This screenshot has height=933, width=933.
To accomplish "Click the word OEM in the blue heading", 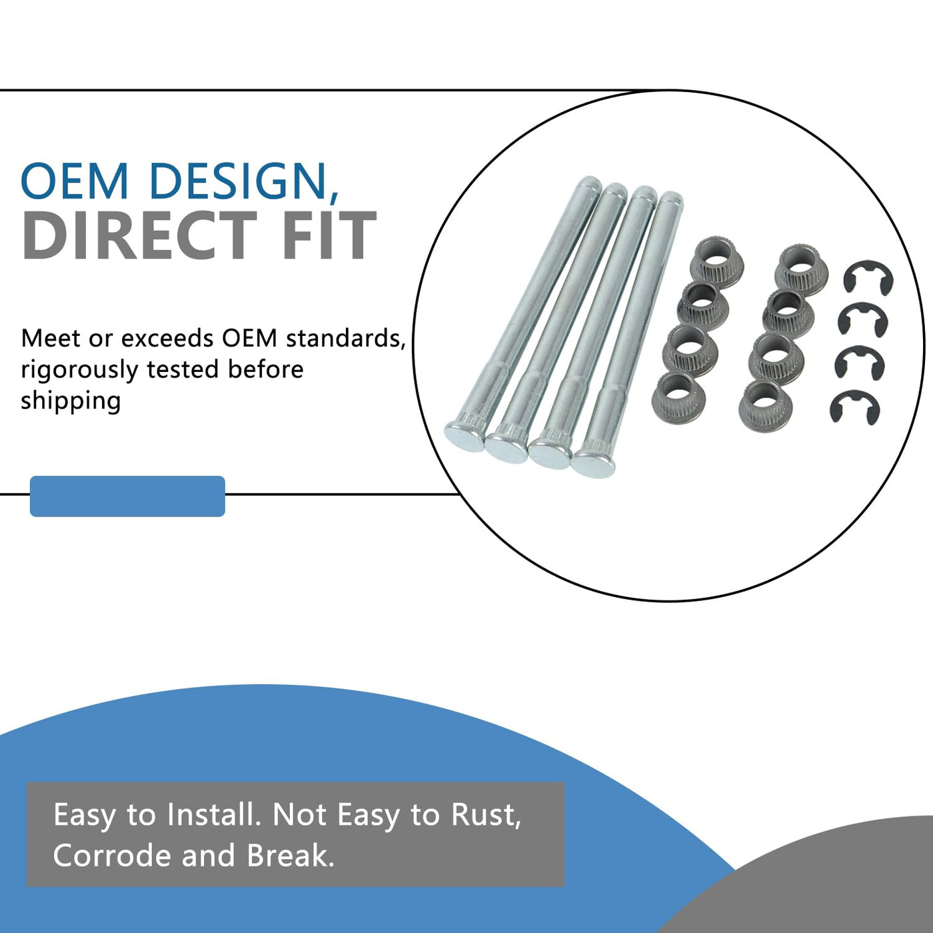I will coord(74,181).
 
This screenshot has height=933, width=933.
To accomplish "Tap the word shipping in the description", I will coord(71,401).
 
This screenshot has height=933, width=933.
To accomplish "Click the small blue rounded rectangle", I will coord(127,496).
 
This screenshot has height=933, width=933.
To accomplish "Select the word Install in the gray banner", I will coord(213,814).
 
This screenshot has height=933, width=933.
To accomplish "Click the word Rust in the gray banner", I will coord(485,814).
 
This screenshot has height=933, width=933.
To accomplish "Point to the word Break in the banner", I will coord(290,856).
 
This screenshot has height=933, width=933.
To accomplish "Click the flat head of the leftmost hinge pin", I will coord(465,437).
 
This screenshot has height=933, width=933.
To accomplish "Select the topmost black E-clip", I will coord(868,277).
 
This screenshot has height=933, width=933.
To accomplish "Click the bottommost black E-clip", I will coord(855,407).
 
